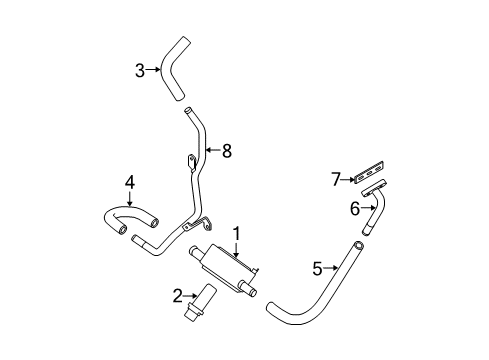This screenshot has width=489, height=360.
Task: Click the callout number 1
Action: point(236,234)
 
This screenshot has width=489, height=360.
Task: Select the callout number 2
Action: point(178,296)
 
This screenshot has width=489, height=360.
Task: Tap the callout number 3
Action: point(140,71)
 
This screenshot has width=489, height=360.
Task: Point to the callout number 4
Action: point(130,183)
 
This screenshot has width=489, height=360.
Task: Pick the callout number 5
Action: point(318,269)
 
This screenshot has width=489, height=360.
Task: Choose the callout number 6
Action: point(355,209)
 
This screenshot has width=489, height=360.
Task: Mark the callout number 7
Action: point(336,179)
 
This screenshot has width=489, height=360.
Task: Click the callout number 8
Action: point(227,151)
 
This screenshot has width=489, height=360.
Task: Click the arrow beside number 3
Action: point(153,69)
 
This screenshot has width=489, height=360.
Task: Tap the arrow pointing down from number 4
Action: point(130,198)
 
